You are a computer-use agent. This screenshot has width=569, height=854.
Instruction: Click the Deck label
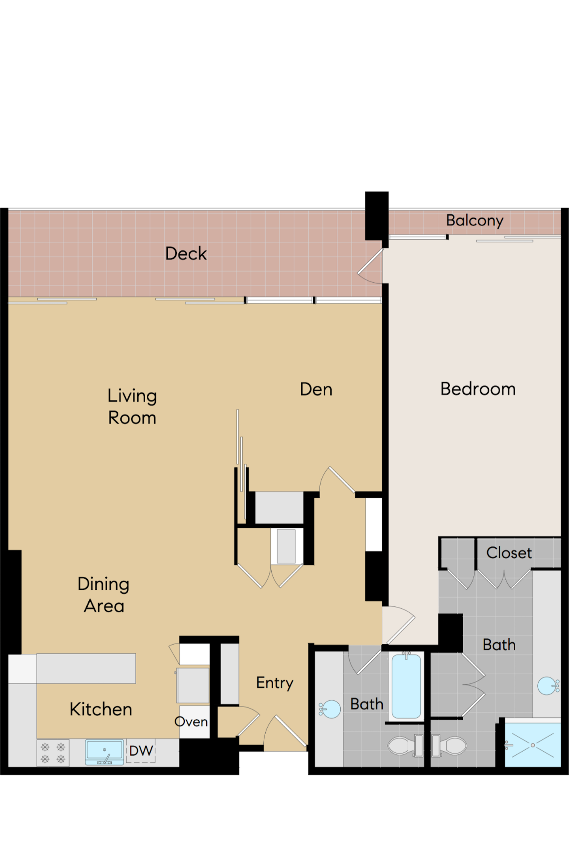(186, 254)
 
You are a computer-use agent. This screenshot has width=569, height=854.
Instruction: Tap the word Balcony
(474, 220)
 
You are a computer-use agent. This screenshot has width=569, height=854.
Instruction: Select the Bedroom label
(478, 389)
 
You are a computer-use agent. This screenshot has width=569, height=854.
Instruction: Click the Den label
(316, 389)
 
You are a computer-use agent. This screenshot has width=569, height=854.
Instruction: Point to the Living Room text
(132, 407)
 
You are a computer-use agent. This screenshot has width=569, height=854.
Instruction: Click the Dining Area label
(103, 595)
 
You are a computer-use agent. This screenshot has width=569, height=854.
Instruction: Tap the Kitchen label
(101, 709)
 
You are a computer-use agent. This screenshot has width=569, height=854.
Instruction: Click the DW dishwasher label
(141, 751)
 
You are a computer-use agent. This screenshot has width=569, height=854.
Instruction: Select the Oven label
(191, 722)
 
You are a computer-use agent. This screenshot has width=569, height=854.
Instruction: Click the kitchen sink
(104, 752)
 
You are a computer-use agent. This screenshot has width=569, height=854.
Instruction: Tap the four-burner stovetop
(53, 753)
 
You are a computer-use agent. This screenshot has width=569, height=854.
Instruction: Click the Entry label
(275, 683)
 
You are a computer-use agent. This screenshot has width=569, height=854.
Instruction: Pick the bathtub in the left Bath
(406, 686)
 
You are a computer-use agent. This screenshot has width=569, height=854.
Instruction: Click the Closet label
(509, 553)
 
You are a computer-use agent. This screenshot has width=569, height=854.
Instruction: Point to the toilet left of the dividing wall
(405, 746)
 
